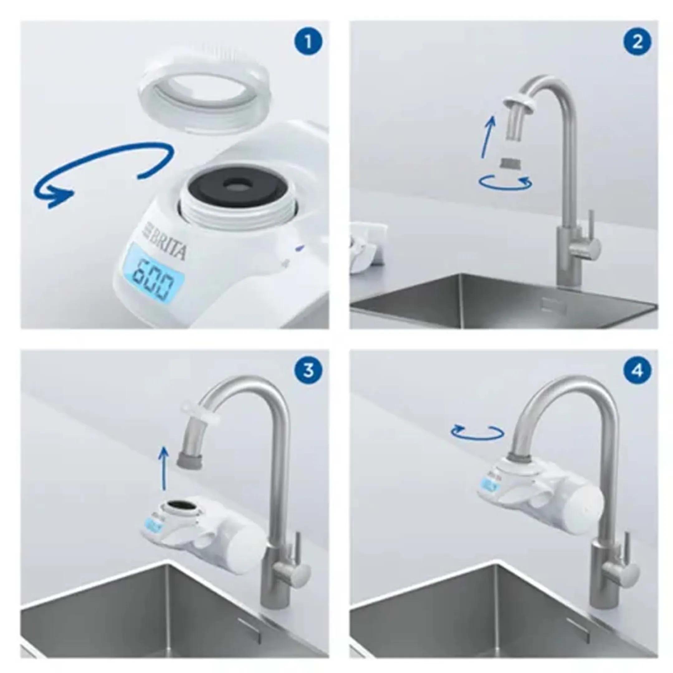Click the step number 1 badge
[x=308, y=42]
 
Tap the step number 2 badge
[x=637, y=42]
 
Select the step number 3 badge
[x=308, y=371]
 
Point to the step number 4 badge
[x=637, y=371]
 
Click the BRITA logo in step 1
[x=166, y=242]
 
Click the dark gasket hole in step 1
[x=233, y=186]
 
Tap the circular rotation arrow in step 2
[x=505, y=182]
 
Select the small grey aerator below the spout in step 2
[x=511, y=163]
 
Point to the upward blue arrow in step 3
[x=162, y=469]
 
